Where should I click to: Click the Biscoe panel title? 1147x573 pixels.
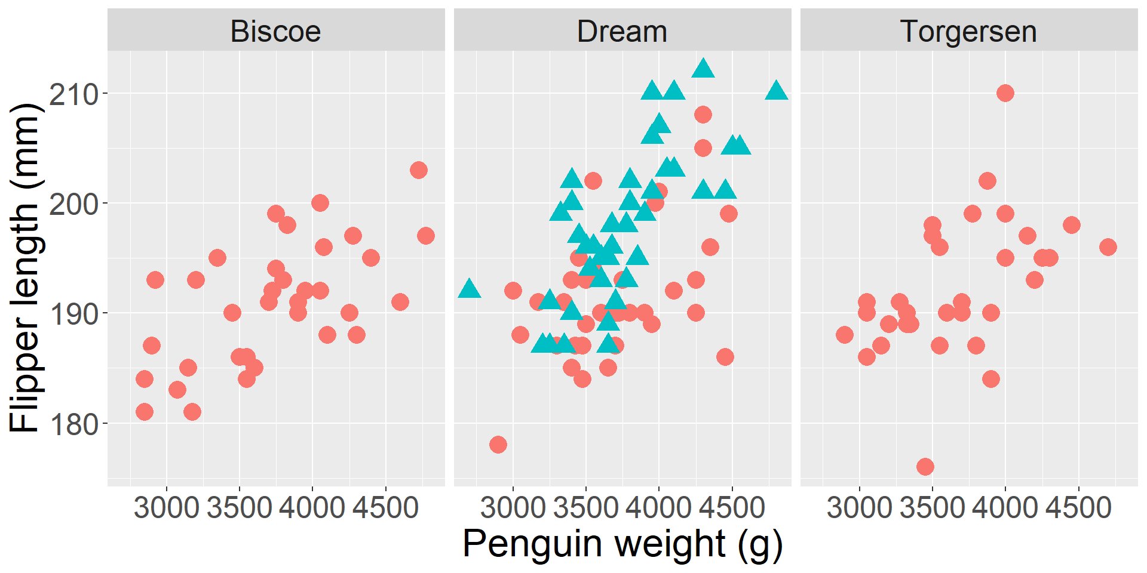coord(275,31)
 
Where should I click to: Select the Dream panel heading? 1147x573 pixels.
coord(622,31)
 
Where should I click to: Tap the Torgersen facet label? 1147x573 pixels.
coord(968,31)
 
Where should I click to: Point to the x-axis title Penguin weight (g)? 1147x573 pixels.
coord(622,544)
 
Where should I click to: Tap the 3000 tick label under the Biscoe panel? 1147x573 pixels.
coord(166,507)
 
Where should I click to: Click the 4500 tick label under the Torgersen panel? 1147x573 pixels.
coord(1079,507)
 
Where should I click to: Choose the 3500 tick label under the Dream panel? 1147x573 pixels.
coord(585,507)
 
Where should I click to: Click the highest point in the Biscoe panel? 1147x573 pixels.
coord(419,170)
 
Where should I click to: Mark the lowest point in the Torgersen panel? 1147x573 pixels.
coord(925,467)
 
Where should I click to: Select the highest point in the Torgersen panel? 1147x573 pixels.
coord(1005,93)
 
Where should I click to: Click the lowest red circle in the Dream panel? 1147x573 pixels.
coord(498,445)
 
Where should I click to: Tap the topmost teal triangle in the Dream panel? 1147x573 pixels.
coord(703,69)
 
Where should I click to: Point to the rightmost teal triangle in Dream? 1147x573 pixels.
coord(776,91)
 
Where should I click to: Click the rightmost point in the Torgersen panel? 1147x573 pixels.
coord(1108,247)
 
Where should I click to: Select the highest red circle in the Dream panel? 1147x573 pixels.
coord(703,115)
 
